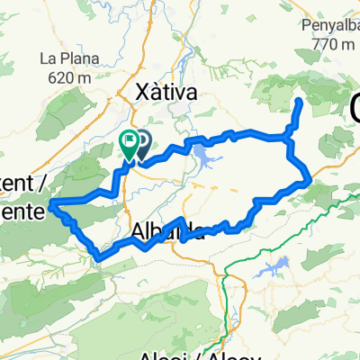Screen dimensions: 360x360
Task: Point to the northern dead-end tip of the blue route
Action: tap(298, 102)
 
